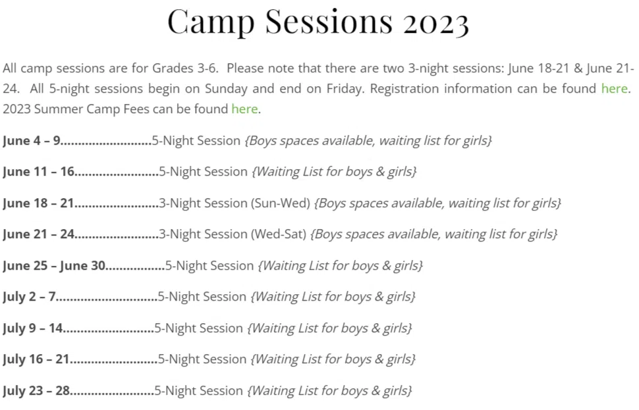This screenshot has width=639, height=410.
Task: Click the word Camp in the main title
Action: coord(211,22)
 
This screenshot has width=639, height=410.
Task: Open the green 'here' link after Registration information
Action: coord(614,88)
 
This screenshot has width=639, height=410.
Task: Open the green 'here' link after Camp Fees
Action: coord(244,109)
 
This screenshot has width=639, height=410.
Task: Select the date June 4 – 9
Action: coord(32,140)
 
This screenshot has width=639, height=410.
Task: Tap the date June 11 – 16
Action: coord(38,172)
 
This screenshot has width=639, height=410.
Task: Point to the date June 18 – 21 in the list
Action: coord(38,203)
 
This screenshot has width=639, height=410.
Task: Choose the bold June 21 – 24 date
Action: coord(38,234)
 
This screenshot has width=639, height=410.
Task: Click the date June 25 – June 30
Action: coord(54,265)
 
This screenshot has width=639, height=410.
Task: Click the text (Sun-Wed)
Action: coord(280,203)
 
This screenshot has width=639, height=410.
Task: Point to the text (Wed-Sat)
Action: coord(278,234)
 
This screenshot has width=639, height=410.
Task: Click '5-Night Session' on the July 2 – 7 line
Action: coord(202,297)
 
